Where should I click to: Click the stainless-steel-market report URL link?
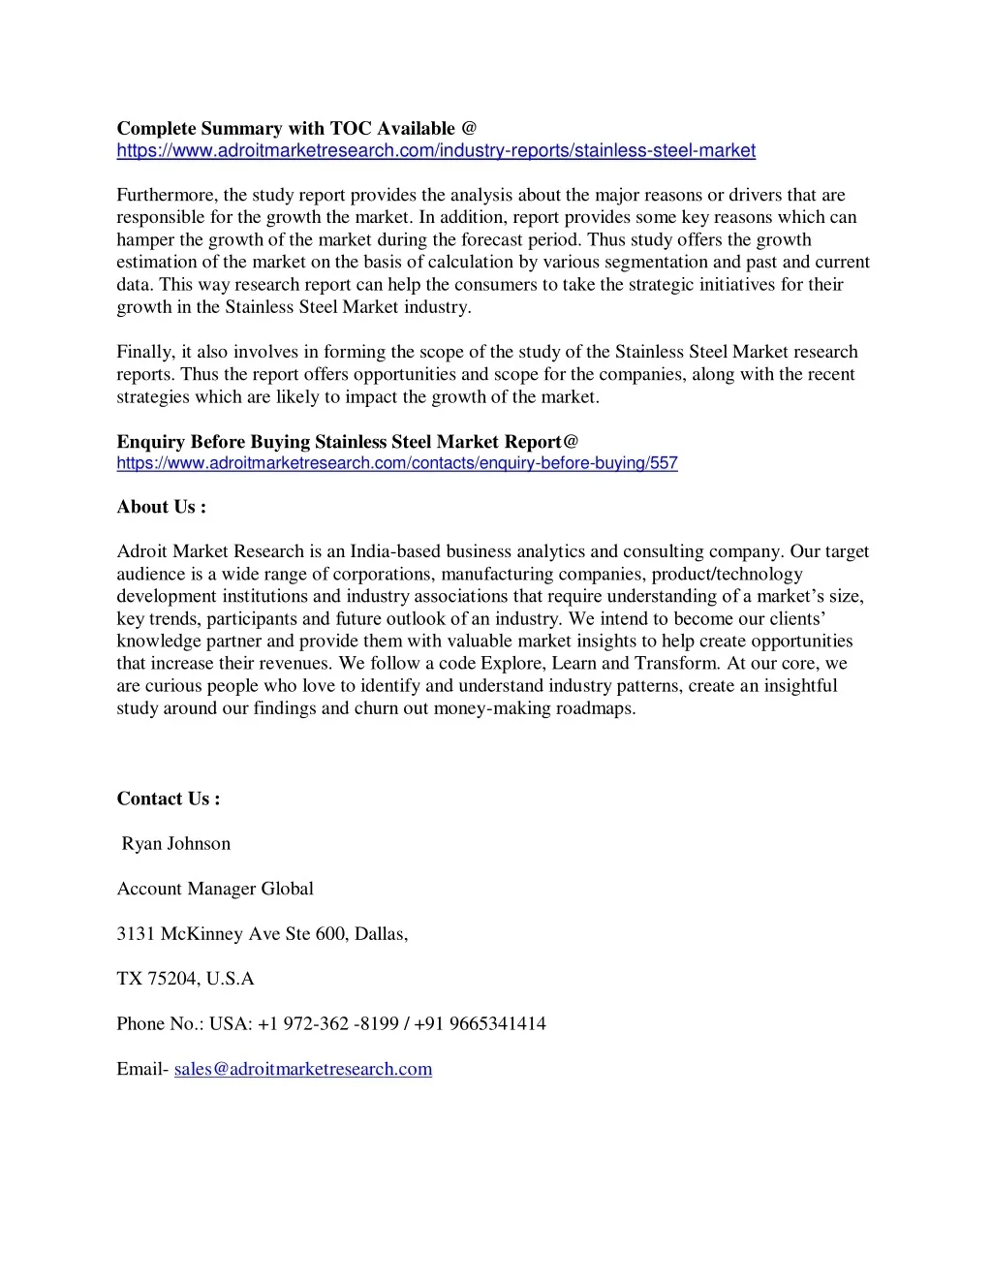click(436, 151)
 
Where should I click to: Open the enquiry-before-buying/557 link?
click(397, 463)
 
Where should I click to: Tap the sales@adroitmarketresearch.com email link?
click(303, 1069)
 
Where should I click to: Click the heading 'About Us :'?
click(162, 507)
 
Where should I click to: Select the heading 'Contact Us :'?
click(169, 799)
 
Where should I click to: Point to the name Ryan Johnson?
click(176, 844)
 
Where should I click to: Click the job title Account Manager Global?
click(215, 889)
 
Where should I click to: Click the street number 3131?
click(136, 934)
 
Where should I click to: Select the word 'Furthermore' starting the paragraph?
click(166, 195)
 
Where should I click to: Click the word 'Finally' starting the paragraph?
click(145, 352)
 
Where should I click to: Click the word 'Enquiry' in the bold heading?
click(152, 442)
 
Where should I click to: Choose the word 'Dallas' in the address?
click(381, 934)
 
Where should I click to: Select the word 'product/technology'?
click(728, 574)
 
